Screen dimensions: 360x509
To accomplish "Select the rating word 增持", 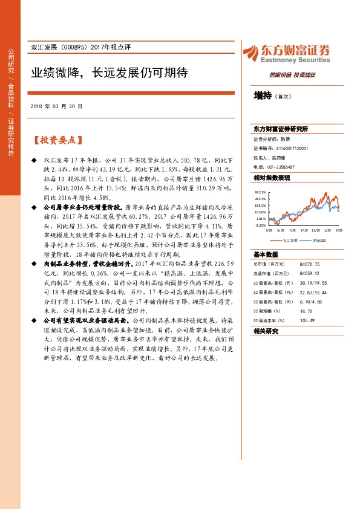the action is (x=262, y=96).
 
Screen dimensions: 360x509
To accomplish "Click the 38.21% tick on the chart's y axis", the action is (x=260, y=191).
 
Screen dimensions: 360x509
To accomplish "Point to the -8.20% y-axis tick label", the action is (x=260, y=225).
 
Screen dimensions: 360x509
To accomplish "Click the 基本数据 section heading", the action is (x=266, y=254).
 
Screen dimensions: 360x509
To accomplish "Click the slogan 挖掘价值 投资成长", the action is (x=292, y=76).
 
